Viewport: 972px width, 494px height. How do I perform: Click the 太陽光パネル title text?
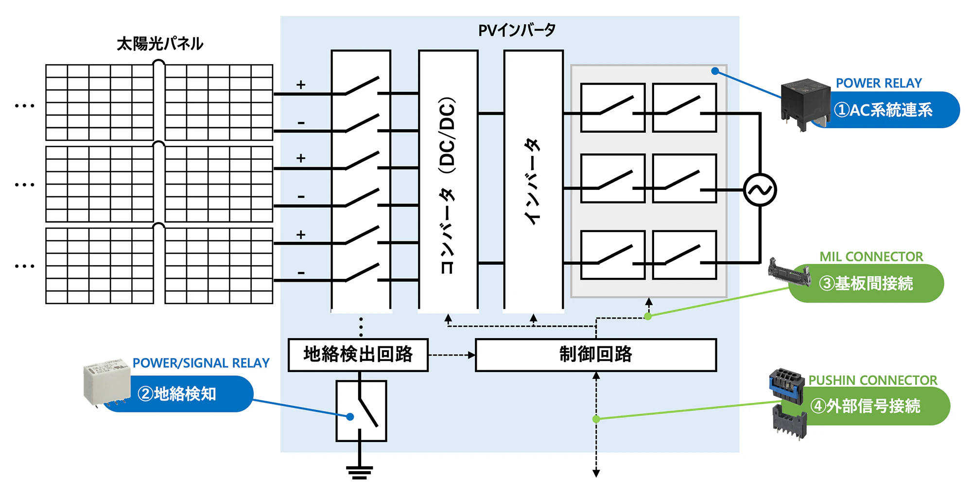[160, 44]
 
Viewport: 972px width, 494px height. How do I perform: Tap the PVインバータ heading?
[517, 30]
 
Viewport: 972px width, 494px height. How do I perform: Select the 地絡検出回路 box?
[358, 355]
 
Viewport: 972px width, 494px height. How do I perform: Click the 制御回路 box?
[596, 355]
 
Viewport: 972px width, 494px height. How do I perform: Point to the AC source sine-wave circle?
[760, 190]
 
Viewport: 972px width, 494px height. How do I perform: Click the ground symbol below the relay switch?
[360, 472]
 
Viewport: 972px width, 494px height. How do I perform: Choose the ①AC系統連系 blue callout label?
[884, 110]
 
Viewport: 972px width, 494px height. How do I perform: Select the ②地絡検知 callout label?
[177, 394]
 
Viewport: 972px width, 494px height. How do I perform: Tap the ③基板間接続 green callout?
[866, 283]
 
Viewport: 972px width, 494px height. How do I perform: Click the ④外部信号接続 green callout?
[865, 406]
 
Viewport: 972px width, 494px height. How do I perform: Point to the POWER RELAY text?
[879, 83]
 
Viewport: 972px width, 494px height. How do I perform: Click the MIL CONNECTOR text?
[871, 256]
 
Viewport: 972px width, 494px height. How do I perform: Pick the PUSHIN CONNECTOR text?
[873, 380]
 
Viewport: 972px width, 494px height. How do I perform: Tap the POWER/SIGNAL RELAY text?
[201, 363]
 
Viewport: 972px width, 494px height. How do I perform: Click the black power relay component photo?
[805, 103]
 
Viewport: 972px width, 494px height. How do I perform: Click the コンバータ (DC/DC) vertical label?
[448, 185]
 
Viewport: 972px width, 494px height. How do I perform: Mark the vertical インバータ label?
[533, 181]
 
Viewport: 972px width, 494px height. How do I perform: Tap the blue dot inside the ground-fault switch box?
[350, 417]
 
